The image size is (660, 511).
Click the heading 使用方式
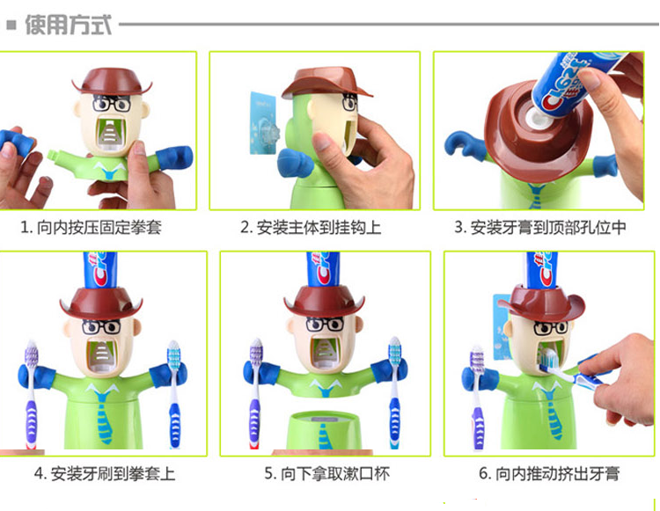pyautogui.click(x=68, y=25)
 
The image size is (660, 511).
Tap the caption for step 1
pyautogui.click(x=91, y=228)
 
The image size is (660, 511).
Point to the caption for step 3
pyautogui.click(x=540, y=228)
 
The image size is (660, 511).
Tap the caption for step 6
pyautogui.click(x=549, y=473)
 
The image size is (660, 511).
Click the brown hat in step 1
pyautogui.click(x=112, y=81)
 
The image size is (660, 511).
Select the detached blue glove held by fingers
pyautogui.click(x=17, y=141)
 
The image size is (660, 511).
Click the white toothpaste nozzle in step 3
pyautogui.click(x=536, y=118)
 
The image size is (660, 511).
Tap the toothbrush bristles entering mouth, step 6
pyautogui.click(x=546, y=361)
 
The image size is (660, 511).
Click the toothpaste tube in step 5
pyautogui.click(x=323, y=270)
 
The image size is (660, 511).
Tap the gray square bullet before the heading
pyautogui.click(x=11, y=26)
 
